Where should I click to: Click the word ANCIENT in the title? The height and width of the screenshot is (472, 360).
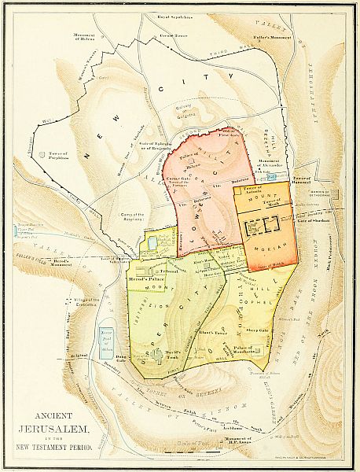tap(60, 415)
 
